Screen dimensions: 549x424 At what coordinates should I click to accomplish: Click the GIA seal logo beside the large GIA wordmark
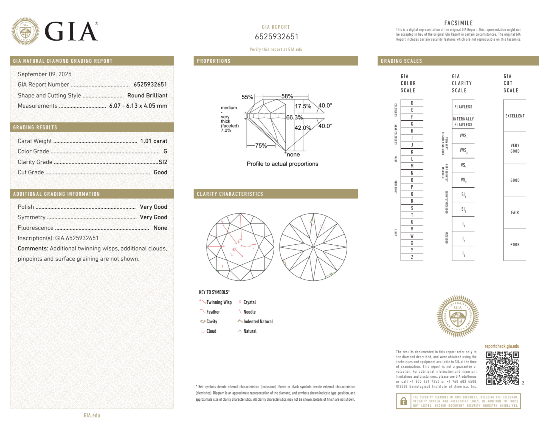25,31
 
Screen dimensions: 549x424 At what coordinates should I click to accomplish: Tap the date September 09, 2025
44,74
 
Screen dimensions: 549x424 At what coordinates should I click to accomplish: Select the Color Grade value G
165,151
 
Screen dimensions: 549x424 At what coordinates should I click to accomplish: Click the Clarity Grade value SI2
163,162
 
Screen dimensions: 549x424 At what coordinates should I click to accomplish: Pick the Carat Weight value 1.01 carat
154,141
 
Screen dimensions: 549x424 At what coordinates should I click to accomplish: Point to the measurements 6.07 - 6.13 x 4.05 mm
138,106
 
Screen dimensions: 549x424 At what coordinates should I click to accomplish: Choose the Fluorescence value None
160,228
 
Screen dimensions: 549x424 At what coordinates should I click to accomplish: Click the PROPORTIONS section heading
214,61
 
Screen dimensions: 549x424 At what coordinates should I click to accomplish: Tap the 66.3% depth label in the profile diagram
294,117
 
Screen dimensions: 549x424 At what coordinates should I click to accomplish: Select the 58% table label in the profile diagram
287,96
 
